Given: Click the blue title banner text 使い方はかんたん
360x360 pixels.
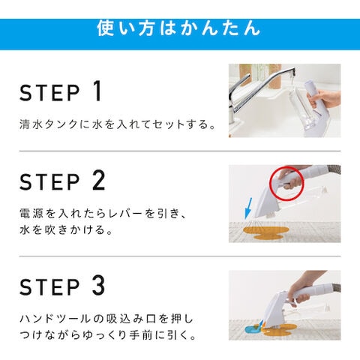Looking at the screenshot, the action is [178, 28].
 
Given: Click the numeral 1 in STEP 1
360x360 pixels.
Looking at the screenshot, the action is [97, 91].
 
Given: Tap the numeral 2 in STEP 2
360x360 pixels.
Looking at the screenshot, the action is [99, 180].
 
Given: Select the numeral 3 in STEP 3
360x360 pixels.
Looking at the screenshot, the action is [98, 285].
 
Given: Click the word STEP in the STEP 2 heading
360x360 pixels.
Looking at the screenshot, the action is [50, 181].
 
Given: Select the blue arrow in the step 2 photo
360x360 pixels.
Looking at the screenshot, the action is [248, 208].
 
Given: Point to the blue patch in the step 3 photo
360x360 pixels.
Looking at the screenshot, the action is [251, 329].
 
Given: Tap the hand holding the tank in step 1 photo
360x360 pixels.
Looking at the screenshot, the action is [324, 99].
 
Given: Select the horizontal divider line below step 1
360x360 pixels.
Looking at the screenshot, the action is [180, 151].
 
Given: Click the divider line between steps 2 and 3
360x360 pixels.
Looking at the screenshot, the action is [180, 256].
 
